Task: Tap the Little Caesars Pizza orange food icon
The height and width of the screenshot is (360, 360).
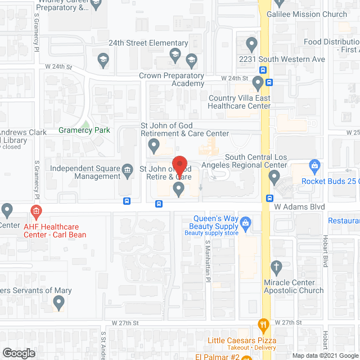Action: point(262,325)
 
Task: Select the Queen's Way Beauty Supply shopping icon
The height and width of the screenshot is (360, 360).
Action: point(245,223)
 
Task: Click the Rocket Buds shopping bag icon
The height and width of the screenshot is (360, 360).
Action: point(314,165)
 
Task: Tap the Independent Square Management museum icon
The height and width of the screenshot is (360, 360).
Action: point(128,169)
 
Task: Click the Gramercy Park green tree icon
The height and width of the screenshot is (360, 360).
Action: point(84,125)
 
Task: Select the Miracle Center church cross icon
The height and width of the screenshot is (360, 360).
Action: point(276,266)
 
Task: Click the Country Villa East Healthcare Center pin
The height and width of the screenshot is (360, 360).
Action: point(258,84)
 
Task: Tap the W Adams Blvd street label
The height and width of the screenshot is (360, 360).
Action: point(300,207)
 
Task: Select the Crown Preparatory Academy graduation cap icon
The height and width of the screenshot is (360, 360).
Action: point(191,59)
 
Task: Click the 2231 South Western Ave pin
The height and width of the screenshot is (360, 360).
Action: point(251,43)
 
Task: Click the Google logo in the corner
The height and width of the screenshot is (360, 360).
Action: point(19,353)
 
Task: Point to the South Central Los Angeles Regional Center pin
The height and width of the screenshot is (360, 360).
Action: point(274,178)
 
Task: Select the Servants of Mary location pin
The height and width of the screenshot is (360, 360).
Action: point(58,304)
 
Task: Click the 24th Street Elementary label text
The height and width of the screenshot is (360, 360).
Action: point(148,43)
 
